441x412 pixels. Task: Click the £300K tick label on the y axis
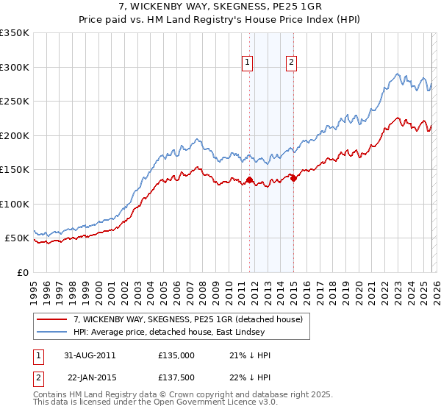tap(15, 67)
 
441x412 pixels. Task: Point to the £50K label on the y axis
tap(17, 238)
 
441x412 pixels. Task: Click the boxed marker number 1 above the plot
tap(248, 63)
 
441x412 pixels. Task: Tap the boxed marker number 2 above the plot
tap(292, 63)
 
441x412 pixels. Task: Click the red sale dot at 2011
tap(249, 180)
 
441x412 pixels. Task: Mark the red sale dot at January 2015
tap(293, 177)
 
